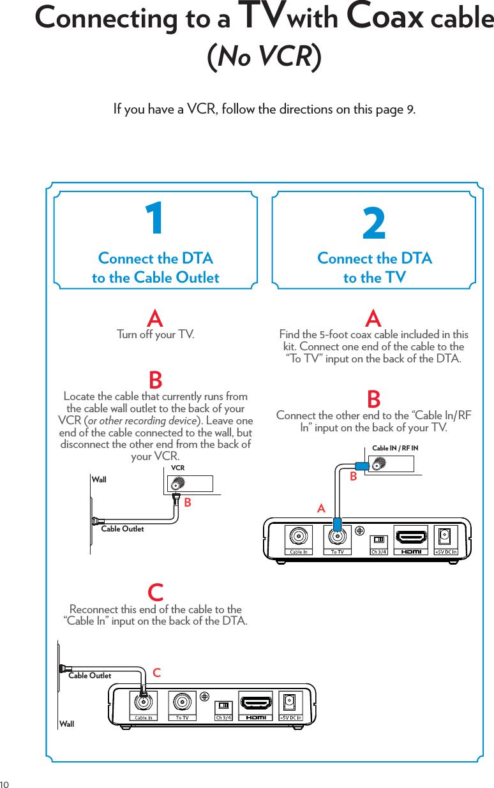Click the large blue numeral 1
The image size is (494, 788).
coord(154,219)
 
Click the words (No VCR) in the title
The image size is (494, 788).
coord(264,56)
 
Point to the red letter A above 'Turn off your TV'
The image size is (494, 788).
coord(155,318)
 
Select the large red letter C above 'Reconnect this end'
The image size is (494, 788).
coord(155,592)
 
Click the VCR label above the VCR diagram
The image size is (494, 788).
coord(178,468)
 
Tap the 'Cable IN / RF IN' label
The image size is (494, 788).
coord(395,449)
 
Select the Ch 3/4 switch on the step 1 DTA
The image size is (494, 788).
coord(223,706)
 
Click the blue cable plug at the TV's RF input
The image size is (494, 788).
coord(362,466)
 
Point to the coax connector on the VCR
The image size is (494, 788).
coord(176,483)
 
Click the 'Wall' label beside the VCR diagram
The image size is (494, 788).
coord(99,479)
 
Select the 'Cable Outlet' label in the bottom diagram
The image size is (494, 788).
coord(89,676)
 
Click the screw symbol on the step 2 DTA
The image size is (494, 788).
coord(360,530)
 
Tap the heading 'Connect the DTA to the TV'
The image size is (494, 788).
coord(374,268)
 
